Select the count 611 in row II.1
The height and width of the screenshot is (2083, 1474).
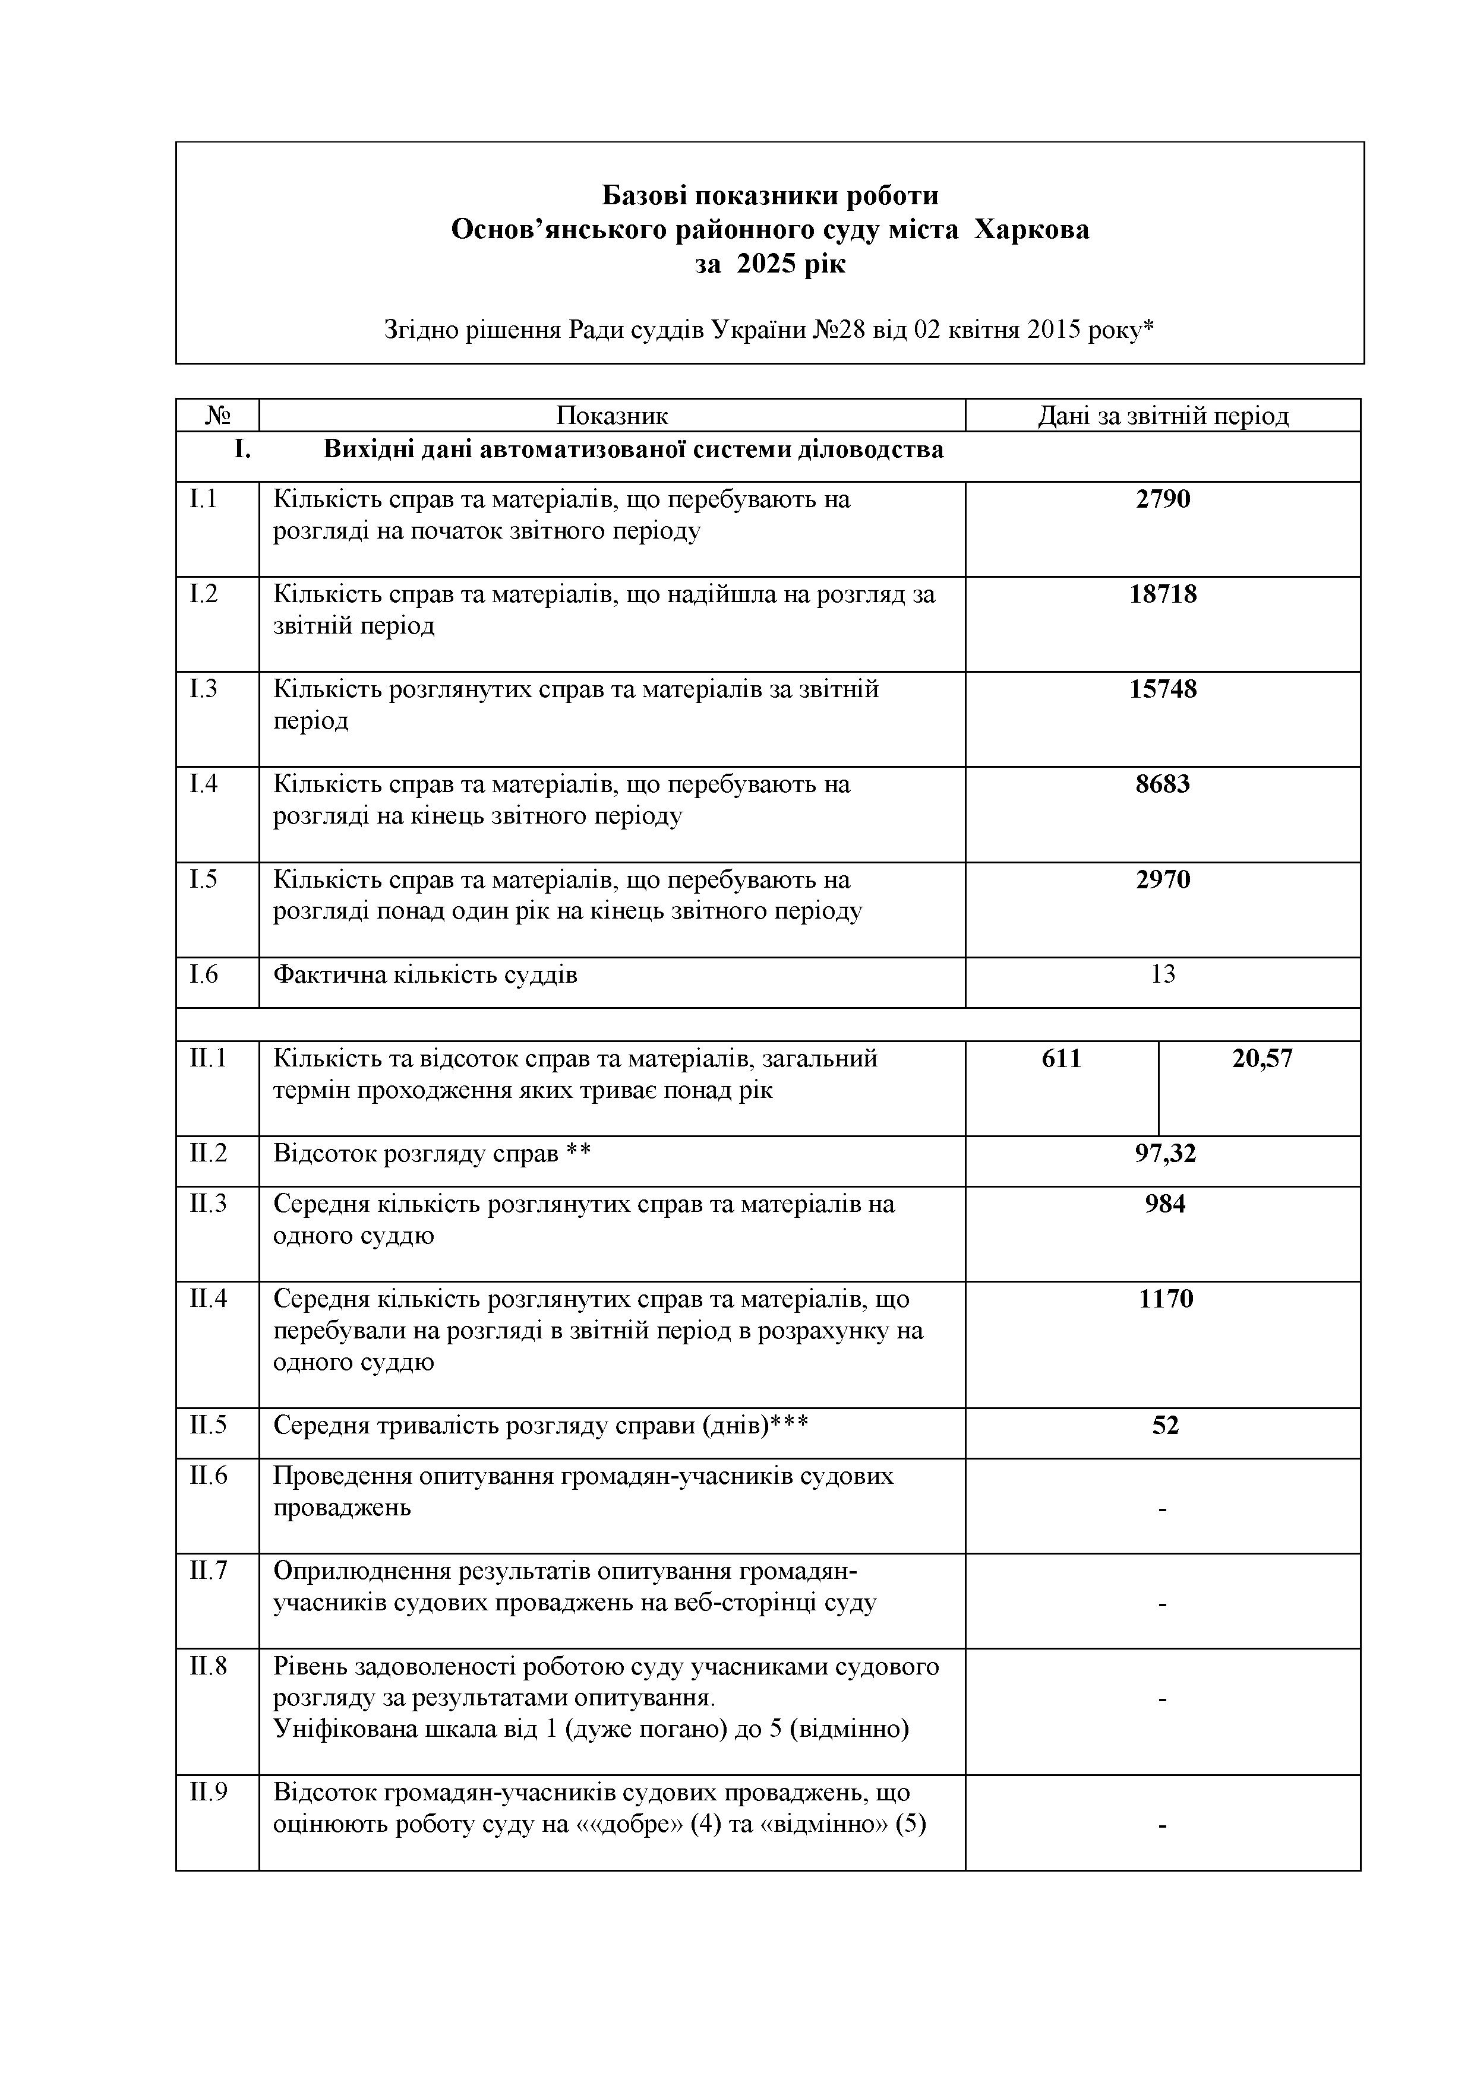pyautogui.click(x=1061, y=1059)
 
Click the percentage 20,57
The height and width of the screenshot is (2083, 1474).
pyautogui.click(x=1262, y=1059)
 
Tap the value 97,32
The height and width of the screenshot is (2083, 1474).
pyautogui.click(x=1166, y=1154)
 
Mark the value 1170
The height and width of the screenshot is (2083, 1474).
pyautogui.click(x=1166, y=1299)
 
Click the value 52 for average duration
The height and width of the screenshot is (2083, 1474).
pyautogui.click(x=1166, y=1425)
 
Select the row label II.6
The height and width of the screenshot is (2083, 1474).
pyautogui.click(x=208, y=1476)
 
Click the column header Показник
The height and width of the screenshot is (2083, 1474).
pyautogui.click(x=612, y=416)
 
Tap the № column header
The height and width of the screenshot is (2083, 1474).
pyautogui.click(x=218, y=416)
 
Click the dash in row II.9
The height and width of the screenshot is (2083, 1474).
pyautogui.click(x=1163, y=1825)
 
